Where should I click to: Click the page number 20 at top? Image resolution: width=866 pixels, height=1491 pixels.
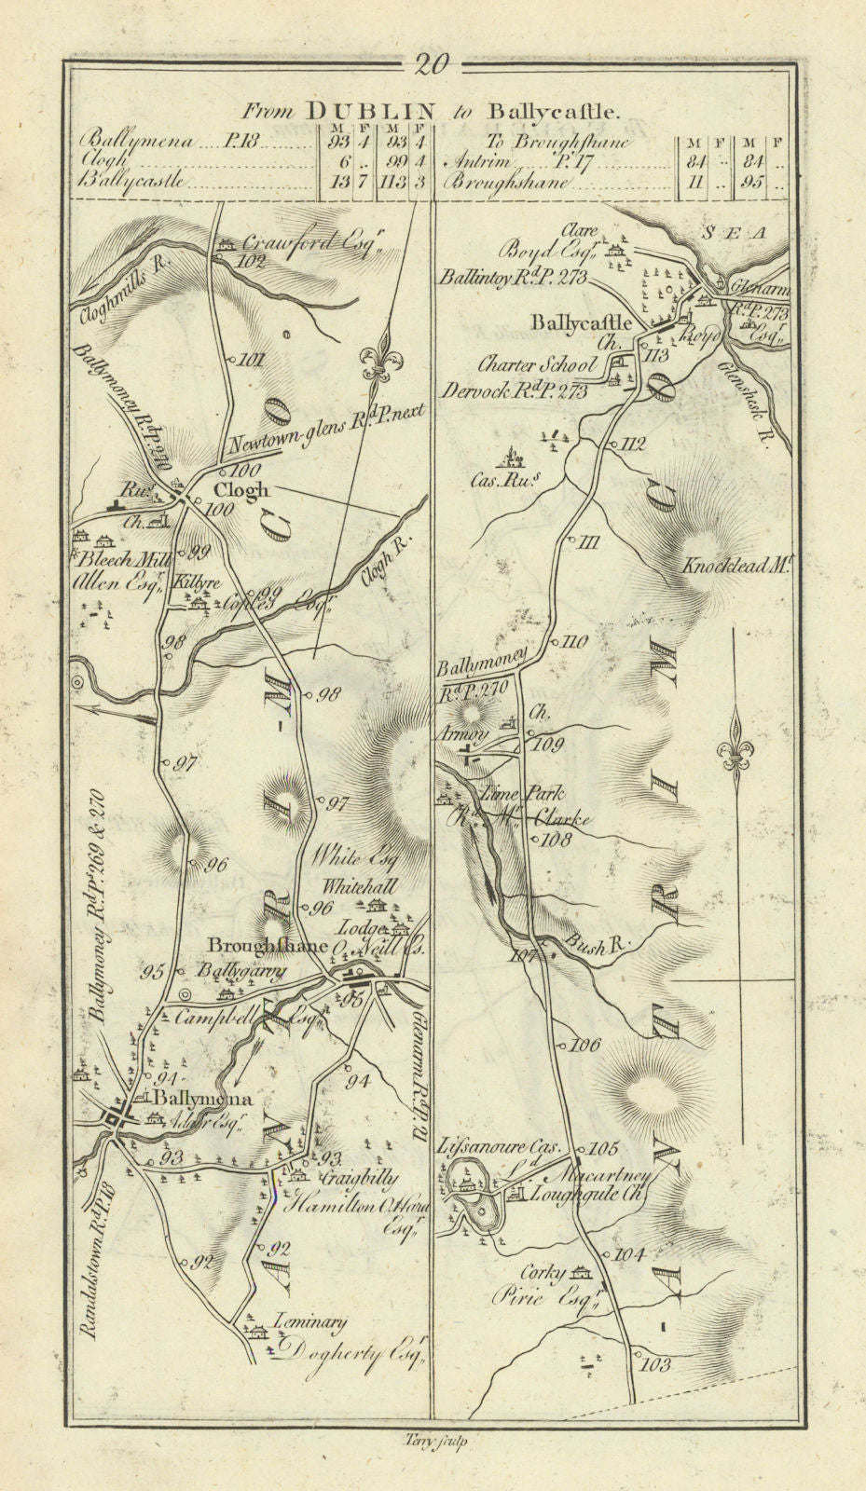433,64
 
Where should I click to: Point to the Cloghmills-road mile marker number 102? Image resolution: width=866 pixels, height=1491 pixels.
252,262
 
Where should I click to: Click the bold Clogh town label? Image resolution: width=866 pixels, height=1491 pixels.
241,489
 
